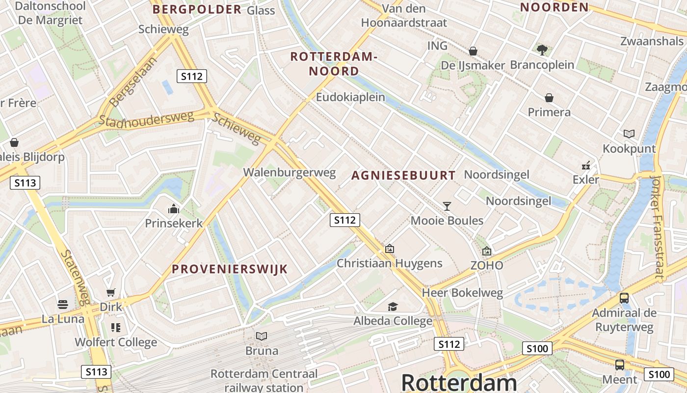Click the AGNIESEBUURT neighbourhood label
[x=403, y=175]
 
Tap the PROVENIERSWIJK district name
[x=230, y=269]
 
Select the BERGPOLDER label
[x=197, y=9]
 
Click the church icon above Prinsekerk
[x=174, y=209]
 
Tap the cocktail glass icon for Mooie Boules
[x=447, y=206]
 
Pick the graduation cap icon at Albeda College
[x=393, y=307]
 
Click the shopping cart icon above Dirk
[x=111, y=293]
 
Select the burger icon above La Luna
[x=63, y=305]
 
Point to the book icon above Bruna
[x=262, y=337]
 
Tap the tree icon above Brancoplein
[x=542, y=50]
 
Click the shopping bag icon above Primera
[x=549, y=98]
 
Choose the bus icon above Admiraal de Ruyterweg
[x=624, y=298]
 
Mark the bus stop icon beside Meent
[x=620, y=365]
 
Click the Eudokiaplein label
[x=350, y=97]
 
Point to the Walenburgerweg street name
[x=290, y=172]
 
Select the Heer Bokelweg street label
[x=463, y=293]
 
